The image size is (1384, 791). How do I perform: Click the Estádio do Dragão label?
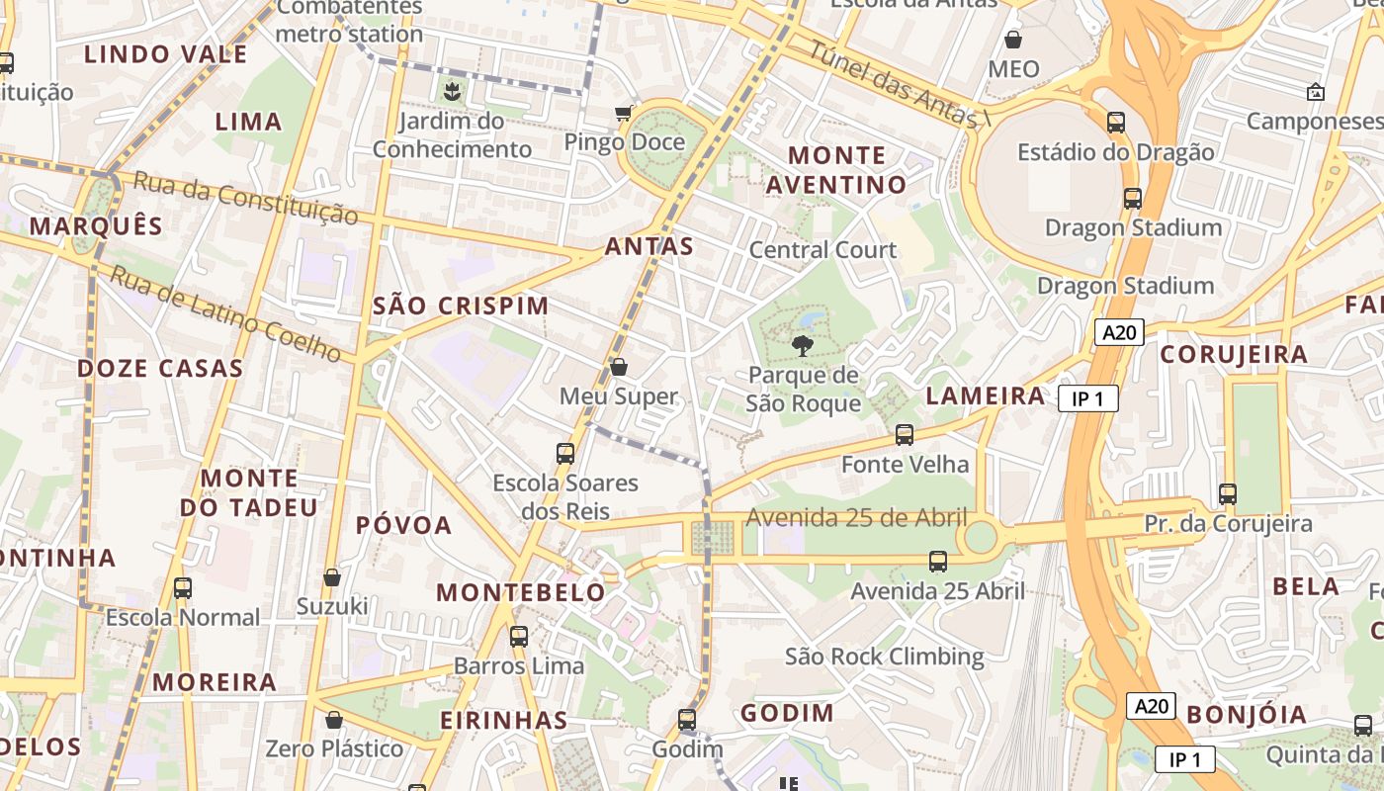click(1115, 152)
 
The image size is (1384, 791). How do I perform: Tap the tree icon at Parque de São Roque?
click(803, 346)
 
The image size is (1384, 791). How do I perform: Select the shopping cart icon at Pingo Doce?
click(624, 113)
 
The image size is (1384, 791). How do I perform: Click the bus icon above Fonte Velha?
click(904, 434)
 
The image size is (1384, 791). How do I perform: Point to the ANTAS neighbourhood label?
click(649, 246)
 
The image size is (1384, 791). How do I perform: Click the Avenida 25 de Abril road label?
click(856, 518)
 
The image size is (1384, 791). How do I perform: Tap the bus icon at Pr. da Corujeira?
click(1227, 493)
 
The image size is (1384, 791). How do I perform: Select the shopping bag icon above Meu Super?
click(619, 367)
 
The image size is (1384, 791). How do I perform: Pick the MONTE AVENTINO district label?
click(836, 170)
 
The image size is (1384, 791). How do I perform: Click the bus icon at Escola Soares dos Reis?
click(564, 454)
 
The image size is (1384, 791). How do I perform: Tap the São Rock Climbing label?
click(884, 657)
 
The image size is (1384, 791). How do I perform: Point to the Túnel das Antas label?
click(899, 84)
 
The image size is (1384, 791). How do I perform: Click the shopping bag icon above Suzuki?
click(332, 576)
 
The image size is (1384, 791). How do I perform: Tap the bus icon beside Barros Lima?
click(518, 637)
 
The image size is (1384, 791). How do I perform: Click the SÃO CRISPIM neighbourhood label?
click(461, 306)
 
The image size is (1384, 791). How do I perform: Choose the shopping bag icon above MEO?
click(1013, 40)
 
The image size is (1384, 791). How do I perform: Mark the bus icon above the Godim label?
click(686, 720)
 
